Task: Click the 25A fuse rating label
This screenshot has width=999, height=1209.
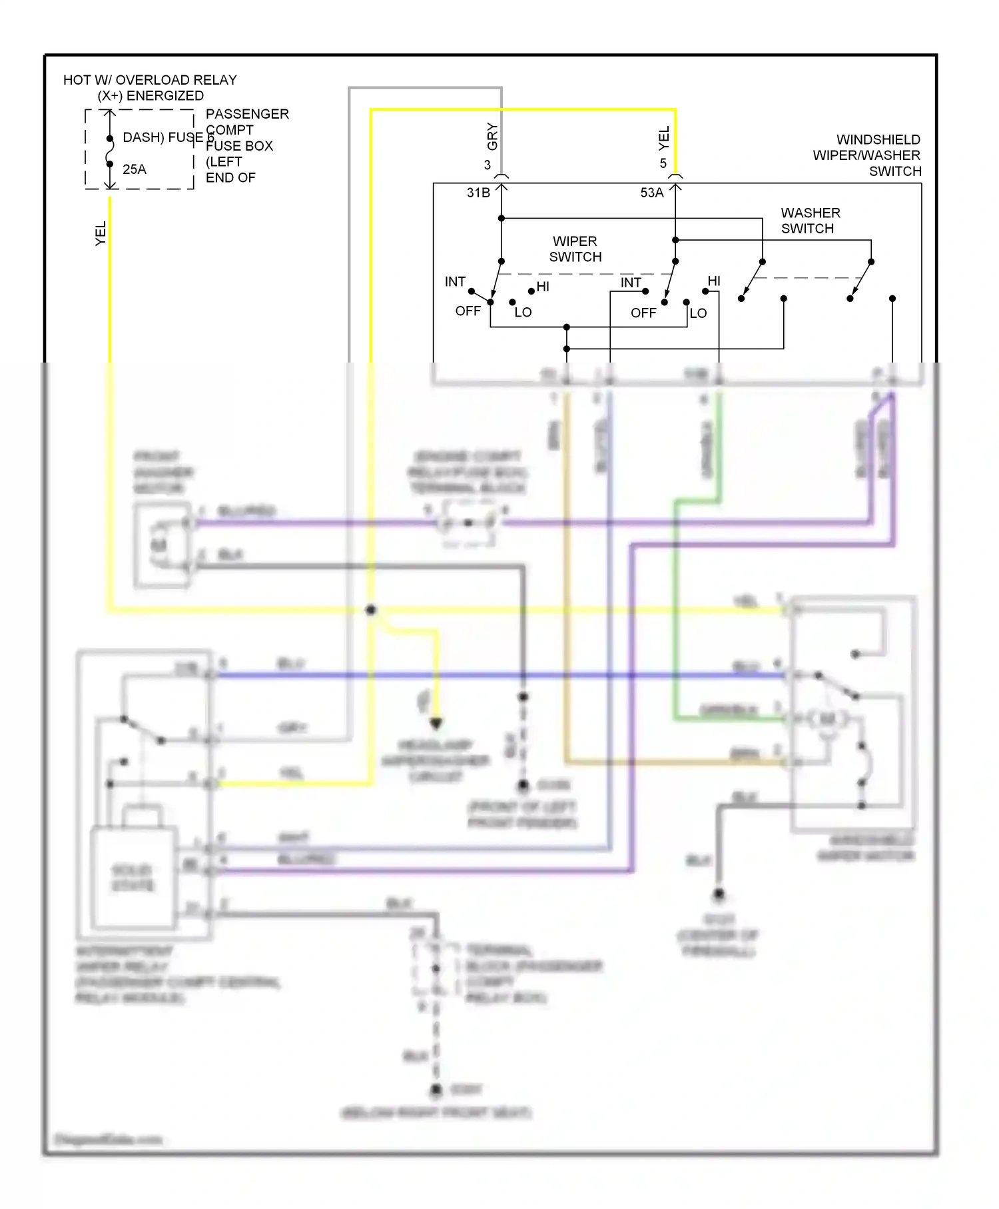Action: [x=134, y=169]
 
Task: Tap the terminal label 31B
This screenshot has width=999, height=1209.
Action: [x=478, y=193]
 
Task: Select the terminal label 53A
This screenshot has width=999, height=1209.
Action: [x=651, y=193]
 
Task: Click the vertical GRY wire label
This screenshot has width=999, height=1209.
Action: [x=492, y=136]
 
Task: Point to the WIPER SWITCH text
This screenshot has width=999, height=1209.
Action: [x=575, y=249]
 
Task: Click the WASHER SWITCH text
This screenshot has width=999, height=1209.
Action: [x=810, y=221]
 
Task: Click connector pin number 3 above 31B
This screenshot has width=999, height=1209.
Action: [x=487, y=165]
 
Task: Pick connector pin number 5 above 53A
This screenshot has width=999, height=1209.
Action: [x=663, y=163]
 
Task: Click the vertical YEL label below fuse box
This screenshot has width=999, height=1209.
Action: [x=101, y=233]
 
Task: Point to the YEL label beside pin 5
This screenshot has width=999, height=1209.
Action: [x=664, y=138]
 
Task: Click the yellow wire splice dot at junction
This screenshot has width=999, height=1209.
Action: [x=371, y=609]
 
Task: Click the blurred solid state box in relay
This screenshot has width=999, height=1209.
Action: [x=134, y=876]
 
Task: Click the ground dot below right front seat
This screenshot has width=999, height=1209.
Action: [x=436, y=1090]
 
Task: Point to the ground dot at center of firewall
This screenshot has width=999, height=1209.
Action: [x=719, y=894]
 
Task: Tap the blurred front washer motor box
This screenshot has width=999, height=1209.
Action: [x=162, y=546]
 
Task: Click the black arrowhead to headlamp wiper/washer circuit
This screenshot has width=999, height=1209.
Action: [x=436, y=723]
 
